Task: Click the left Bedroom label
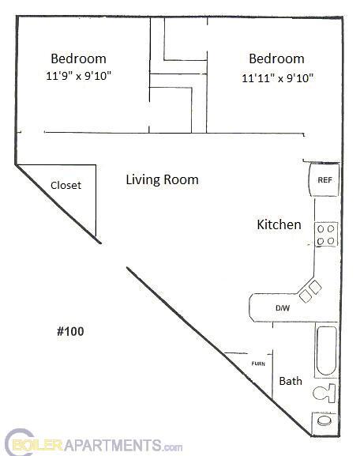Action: tap(78, 58)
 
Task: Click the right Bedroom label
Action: tap(276, 58)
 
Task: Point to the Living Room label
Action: tap(162, 179)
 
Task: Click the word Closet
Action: tap(66, 186)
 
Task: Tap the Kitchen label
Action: tap(279, 224)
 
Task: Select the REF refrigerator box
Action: tap(324, 180)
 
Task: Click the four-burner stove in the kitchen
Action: tap(325, 234)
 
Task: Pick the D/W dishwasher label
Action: tap(280, 307)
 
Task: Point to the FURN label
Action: tap(257, 364)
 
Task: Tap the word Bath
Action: tap(291, 381)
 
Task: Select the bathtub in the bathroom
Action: tap(327, 352)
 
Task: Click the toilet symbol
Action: tap(324, 392)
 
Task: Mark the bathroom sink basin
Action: tap(324, 422)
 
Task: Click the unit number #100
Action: tap(70, 331)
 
